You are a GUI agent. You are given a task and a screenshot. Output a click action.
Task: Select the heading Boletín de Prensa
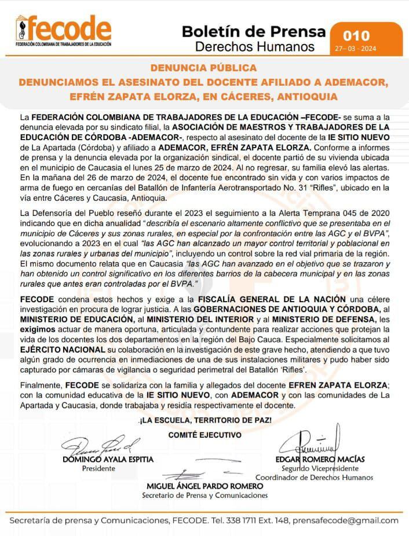tap(253, 31)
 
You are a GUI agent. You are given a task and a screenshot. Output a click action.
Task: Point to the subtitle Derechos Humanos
tap(255, 46)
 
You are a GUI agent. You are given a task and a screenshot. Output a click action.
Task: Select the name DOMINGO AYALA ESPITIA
tap(108, 460)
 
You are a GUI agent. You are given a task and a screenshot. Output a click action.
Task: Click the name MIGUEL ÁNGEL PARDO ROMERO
tap(204, 486)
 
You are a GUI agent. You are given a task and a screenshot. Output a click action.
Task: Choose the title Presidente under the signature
tap(98, 468)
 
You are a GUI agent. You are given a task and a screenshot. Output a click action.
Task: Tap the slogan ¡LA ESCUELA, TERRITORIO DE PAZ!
tap(204, 419)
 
